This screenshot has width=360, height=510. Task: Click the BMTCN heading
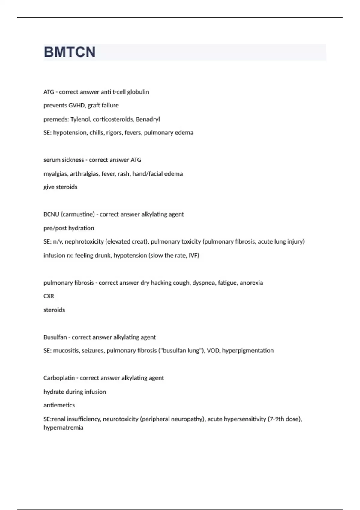tap(70, 52)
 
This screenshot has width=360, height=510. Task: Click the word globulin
tap(138, 92)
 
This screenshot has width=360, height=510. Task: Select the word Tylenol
tap(80, 119)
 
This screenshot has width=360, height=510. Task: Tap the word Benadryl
tap(148, 119)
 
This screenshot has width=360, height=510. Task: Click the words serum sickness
tap(64, 160)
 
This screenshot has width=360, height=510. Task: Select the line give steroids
tap(60, 187)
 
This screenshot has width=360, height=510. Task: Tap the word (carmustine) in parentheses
tap(78, 214)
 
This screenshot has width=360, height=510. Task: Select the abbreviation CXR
tap(49, 296)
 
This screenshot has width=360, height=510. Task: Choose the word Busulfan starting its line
tap(55, 337)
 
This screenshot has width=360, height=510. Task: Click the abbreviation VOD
tap(213, 351)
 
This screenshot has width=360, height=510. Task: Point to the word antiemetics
tap(59, 405)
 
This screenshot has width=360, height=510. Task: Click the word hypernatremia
tap(63, 428)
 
